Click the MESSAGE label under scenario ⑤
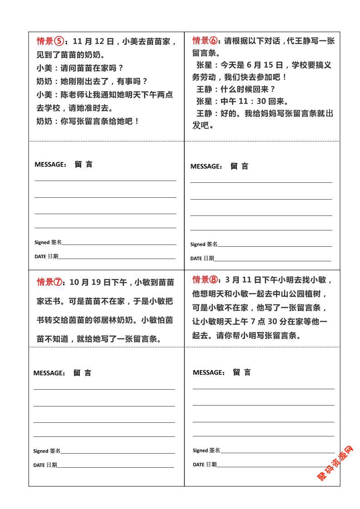[x=50, y=165]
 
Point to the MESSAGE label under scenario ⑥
[x=206, y=166]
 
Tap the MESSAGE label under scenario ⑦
[x=49, y=373]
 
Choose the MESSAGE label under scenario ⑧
[x=209, y=372]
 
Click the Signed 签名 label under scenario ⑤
[x=48, y=242]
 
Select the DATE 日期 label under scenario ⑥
[x=202, y=259]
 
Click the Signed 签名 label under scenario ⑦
[x=47, y=451]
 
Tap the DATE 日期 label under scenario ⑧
[x=205, y=465]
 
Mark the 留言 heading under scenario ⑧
[x=242, y=372]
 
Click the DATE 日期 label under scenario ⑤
[x=46, y=256]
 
